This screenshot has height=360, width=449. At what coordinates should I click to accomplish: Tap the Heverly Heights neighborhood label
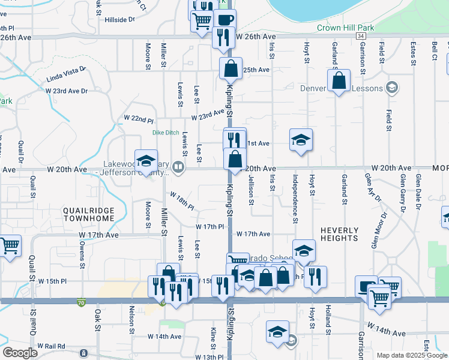339,234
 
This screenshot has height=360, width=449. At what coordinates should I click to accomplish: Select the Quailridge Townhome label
88,214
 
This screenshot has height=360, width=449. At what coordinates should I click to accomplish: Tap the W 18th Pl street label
182,201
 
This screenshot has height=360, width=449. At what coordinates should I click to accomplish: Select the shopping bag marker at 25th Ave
231,69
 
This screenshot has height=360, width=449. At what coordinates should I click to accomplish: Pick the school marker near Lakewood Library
145,160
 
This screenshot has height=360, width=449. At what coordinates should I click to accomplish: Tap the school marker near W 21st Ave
301,140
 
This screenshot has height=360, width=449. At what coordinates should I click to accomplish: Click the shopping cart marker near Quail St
10,245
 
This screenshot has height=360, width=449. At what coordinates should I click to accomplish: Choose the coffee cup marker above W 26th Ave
224,19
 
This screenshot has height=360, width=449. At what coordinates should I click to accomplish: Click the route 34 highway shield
360,37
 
